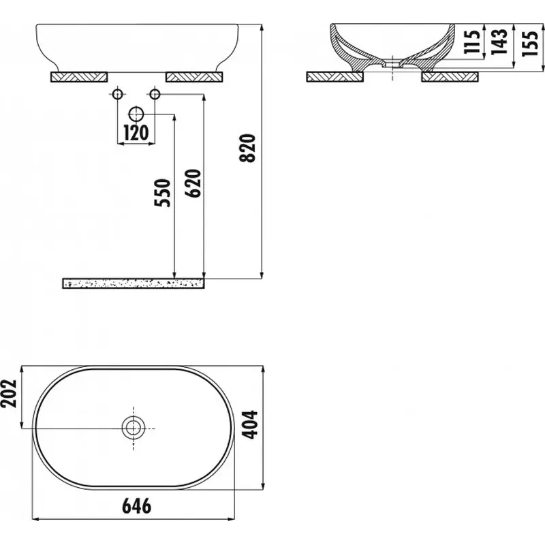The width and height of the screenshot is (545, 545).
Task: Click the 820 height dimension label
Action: coord(247,148)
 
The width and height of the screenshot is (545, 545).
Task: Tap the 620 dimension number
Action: coord(193,183)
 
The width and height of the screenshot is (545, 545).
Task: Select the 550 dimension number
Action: coord(163,193)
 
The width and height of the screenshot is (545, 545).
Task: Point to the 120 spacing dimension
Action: coord(136,132)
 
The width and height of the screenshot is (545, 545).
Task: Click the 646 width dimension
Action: coord(137,505)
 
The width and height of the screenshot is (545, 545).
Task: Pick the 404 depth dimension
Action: coord(249,424)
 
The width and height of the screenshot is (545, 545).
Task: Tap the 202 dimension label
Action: coord(9,394)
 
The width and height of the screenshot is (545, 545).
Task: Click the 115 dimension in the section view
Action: coord(472,42)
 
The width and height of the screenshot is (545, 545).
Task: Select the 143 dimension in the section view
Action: coord(499,42)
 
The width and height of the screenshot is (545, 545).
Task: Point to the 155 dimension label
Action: coord(530,43)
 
